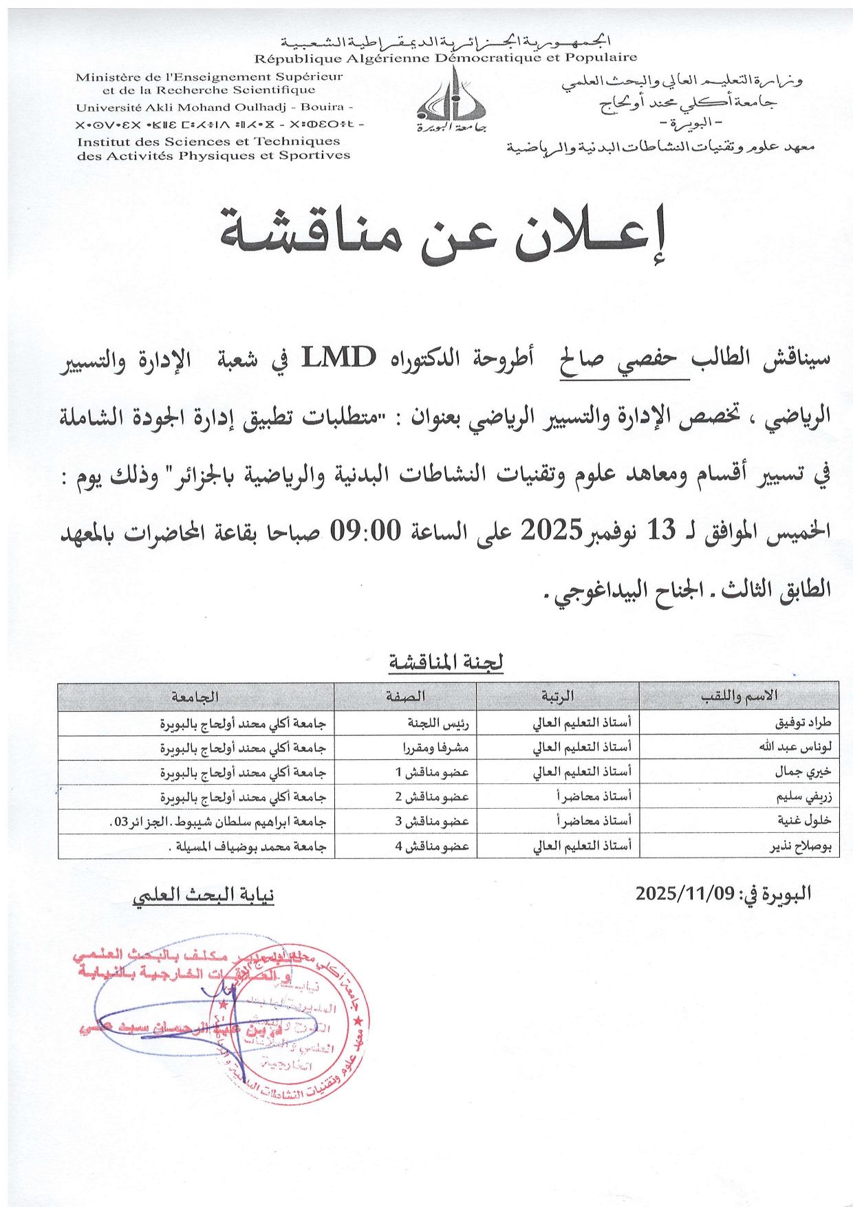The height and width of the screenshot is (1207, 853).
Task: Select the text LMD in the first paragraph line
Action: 339,358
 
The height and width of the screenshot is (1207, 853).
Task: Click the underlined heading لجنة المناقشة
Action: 446,662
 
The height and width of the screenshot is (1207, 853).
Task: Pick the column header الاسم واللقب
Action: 739,696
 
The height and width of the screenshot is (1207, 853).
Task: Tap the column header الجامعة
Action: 195,696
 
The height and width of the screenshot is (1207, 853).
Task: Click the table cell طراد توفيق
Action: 803,722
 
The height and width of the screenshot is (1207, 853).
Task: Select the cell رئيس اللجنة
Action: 438,722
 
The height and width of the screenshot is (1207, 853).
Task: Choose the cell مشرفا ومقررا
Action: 435,747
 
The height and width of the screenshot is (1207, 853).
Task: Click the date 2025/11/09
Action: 685,893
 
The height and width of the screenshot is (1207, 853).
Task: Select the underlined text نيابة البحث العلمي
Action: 204,895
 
